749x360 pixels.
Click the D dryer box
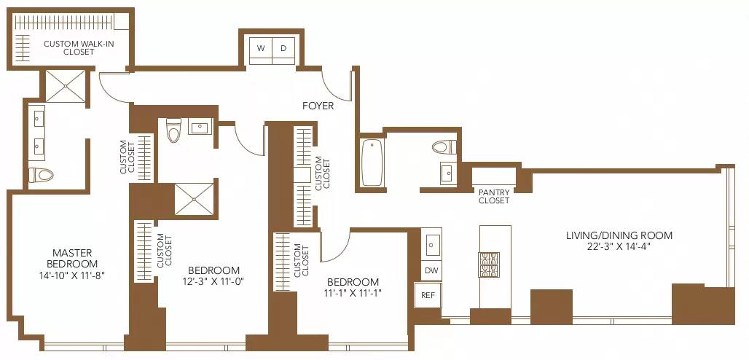tap(284, 49)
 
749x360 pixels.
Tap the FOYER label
tap(318, 106)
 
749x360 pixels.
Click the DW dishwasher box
tap(431, 270)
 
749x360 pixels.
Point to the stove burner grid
tap(487, 264)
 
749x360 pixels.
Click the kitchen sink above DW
tap(431, 243)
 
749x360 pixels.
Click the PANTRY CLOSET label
tap(494, 196)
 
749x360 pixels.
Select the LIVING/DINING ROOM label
tap(619, 235)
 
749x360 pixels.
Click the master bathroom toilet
tap(42, 175)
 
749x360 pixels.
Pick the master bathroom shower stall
tap(66, 86)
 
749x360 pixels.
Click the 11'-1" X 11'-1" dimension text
tap(353, 294)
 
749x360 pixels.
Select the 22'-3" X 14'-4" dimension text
tap(619, 247)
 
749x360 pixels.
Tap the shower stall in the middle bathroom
tap(195, 198)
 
